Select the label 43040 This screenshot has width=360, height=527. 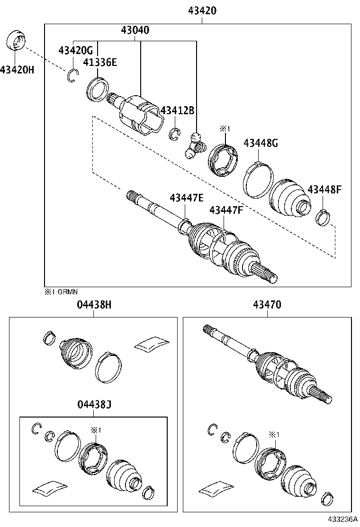click(x=135, y=31)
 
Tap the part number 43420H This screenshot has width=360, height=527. click(x=17, y=70)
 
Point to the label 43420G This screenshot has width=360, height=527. click(x=75, y=50)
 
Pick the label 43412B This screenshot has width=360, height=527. click(x=177, y=111)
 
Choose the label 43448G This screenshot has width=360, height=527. click(x=261, y=143)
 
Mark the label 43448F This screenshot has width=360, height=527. click(x=324, y=190)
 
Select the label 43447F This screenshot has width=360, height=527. click(x=226, y=210)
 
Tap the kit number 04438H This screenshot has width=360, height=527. click(x=94, y=305)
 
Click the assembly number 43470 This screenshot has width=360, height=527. click(x=268, y=305)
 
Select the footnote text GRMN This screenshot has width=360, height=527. click(x=68, y=292)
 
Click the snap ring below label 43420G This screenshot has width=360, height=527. click(x=72, y=76)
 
